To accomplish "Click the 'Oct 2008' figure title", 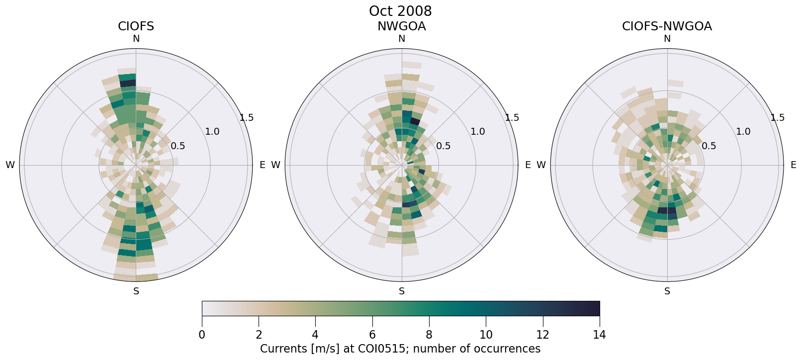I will click(400, 11).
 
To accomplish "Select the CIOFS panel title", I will click(136, 26).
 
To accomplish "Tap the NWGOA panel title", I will click(401, 26).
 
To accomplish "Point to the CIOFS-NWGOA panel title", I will click(667, 26).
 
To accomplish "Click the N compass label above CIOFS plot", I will click(136, 39).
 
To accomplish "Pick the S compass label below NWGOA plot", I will click(402, 291).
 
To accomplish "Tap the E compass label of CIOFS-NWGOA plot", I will click(794, 165).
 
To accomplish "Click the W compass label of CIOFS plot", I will click(10, 165).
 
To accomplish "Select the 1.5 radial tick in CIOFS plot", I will click(247, 118).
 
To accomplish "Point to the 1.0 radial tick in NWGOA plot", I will click(478, 132).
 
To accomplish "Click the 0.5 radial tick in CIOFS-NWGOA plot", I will click(709, 146).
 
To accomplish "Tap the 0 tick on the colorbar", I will click(202, 335).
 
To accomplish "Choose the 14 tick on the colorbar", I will click(599, 335).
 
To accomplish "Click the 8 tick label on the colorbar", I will click(429, 335).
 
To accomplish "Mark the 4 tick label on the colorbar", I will click(315, 335).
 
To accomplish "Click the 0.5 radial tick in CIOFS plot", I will click(178, 146).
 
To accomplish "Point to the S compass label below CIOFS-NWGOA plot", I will click(667, 291).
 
